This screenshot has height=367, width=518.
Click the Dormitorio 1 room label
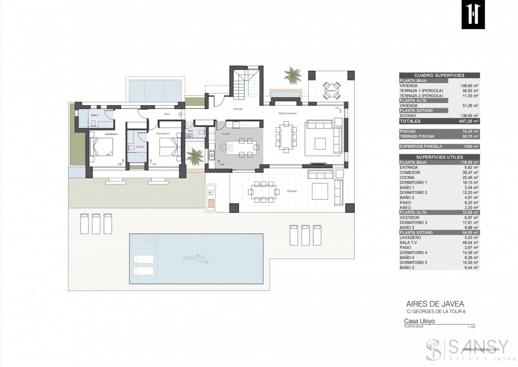point(112,134)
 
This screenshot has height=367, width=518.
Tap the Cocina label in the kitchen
point(226,134)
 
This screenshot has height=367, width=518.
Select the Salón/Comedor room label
point(287,113)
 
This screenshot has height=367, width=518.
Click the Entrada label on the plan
point(238,109)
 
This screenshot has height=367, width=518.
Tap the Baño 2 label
point(140,147)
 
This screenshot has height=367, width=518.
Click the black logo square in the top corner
point(473,15)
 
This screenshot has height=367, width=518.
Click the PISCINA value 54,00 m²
point(471,131)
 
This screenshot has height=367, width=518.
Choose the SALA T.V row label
point(408,243)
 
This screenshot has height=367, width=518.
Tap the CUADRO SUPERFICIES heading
point(439,75)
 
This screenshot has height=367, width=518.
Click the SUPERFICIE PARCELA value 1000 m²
point(471,146)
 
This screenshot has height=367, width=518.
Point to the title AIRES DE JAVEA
point(435,304)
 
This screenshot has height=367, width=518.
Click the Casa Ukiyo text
point(419,321)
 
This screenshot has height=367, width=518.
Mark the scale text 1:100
point(471,327)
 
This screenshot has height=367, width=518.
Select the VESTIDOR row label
point(409,218)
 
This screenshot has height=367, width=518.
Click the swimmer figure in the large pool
point(196,259)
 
